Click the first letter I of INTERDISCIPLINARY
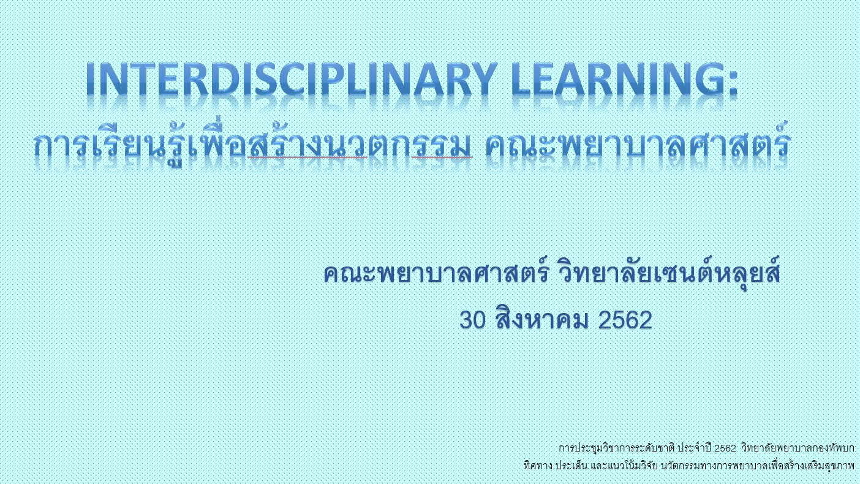(x=91, y=79)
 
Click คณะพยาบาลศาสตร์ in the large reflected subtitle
(x=638, y=143)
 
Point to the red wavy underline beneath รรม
(x=442, y=157)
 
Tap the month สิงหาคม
(x=542, y=318)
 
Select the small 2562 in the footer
(x=725, y=448)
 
